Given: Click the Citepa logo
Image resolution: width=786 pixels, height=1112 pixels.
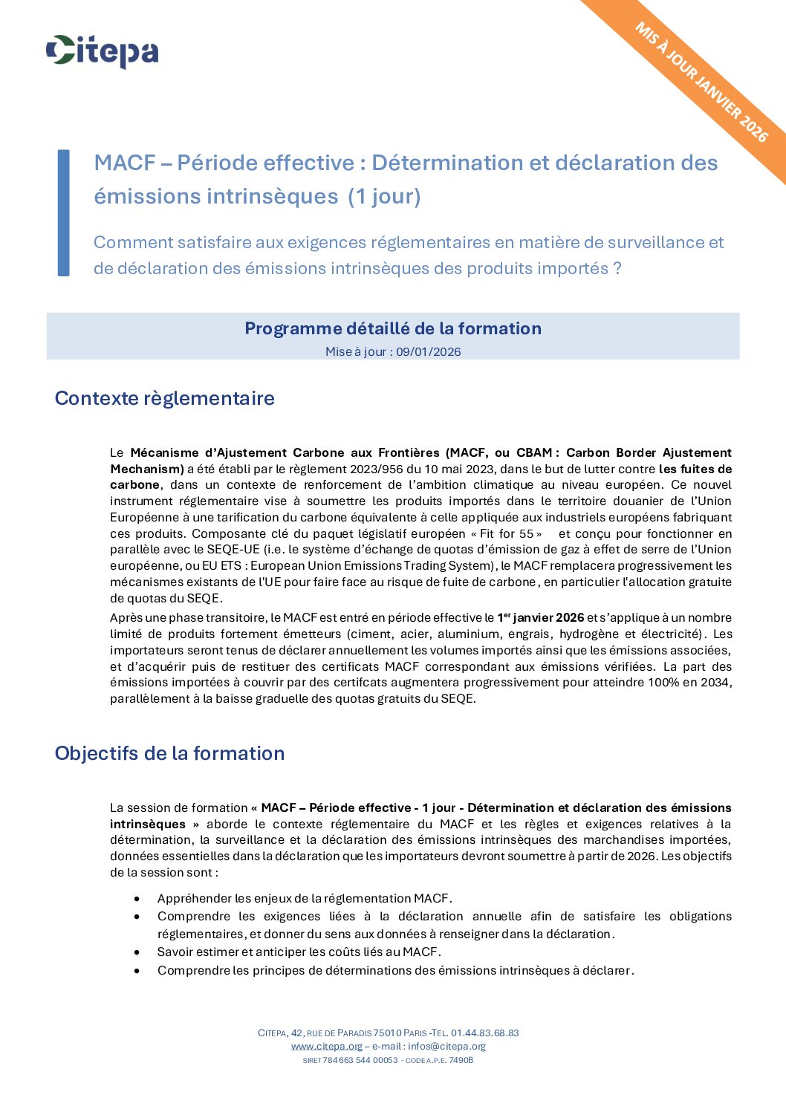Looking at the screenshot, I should [102, 51].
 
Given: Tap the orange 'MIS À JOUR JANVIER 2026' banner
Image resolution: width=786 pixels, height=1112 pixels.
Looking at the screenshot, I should [701, 82].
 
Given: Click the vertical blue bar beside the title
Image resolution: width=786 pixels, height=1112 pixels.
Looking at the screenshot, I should [64, 212].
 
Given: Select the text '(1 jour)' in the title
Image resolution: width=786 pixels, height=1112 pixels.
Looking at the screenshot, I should [384, 196].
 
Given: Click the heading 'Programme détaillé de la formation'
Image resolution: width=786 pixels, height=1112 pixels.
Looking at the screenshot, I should [392, 328].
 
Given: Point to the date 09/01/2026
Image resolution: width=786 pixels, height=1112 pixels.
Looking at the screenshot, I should [428, 352].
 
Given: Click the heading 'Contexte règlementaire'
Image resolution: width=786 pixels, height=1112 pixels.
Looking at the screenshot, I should [164, 398].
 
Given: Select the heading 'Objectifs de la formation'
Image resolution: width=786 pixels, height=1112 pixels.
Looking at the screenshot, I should [169, 753].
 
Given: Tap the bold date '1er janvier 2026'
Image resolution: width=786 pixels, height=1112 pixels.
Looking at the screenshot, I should [541, 617].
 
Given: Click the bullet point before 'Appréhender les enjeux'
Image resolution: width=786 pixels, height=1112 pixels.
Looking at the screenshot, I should [137, 899].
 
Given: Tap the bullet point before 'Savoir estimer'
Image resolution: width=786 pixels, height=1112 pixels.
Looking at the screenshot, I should [137, 952].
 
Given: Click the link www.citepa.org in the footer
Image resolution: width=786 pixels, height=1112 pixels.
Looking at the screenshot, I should [326, 1047].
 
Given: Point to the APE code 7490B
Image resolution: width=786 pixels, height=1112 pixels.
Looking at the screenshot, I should [461, 1060].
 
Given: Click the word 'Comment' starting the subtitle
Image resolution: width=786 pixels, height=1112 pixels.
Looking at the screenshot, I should [125, 242].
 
